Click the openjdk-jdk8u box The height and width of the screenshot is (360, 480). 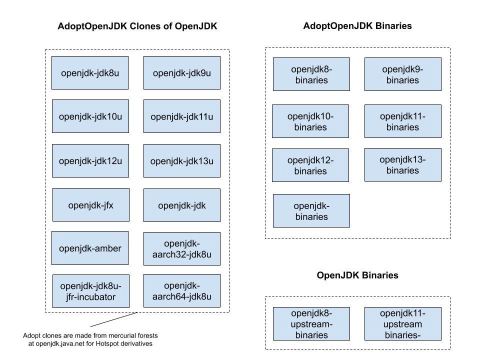coord(90,73)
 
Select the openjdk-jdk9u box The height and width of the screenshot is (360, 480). coord(182,73)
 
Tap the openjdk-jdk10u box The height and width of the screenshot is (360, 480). coord(90,116)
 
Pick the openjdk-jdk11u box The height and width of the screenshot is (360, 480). coord(182,116)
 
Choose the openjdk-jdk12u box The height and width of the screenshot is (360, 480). coord(90,160)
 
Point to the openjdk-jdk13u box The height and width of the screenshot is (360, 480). coord(182,160)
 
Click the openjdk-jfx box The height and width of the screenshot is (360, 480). coord(91,205)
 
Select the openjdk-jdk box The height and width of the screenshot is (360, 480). coord(182,205)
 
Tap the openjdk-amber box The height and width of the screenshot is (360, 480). coord(90,248)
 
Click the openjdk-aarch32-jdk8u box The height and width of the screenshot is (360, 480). coord(182,248)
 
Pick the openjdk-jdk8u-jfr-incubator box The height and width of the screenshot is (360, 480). coord(91,291)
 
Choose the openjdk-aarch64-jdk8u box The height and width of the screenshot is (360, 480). coord(182,291)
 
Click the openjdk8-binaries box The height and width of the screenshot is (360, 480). coord(311,74)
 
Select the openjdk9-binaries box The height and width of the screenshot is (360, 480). coord(403,74)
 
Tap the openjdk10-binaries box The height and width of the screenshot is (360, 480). coord(310,121)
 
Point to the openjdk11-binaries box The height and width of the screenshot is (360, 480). coord(403,121)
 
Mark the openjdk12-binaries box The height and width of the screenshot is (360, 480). coord(310,165)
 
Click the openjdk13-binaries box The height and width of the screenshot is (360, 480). coord(403,165)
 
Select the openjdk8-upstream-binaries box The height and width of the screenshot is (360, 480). coord(311,324)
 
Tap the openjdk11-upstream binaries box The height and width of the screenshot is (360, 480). coord(403,324)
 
